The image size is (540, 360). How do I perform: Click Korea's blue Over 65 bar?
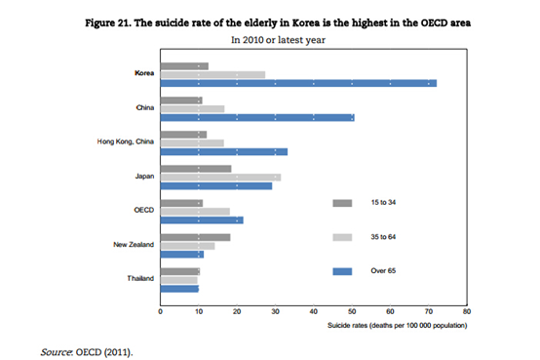point(298,83)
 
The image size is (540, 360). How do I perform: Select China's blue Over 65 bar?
point(257,118)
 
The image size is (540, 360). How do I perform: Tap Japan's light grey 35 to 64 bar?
point(220,178)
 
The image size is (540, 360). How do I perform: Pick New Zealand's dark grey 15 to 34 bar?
point(195,237)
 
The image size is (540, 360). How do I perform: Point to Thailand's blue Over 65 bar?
point(179,289)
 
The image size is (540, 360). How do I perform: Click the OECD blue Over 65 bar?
point(202,220)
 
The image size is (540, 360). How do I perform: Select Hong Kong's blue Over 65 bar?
point(224,152)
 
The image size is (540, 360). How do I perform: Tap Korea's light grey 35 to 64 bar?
point(212,74)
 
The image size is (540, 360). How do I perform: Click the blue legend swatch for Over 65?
point(342,271)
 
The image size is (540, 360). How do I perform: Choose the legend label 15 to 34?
point(383,202)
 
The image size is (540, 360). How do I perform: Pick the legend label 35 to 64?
point(383,237)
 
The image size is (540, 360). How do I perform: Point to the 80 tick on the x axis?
point(467,311)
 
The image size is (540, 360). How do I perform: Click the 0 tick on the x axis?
point(160,311)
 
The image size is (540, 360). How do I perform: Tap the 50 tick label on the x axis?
point(352,311)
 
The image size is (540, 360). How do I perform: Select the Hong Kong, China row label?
point(126,141)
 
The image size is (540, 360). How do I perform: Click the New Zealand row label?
point(134,245)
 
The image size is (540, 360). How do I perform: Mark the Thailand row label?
point(140,278)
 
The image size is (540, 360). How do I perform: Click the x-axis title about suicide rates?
point(398,325)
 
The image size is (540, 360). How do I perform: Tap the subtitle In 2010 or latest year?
point(278,40)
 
